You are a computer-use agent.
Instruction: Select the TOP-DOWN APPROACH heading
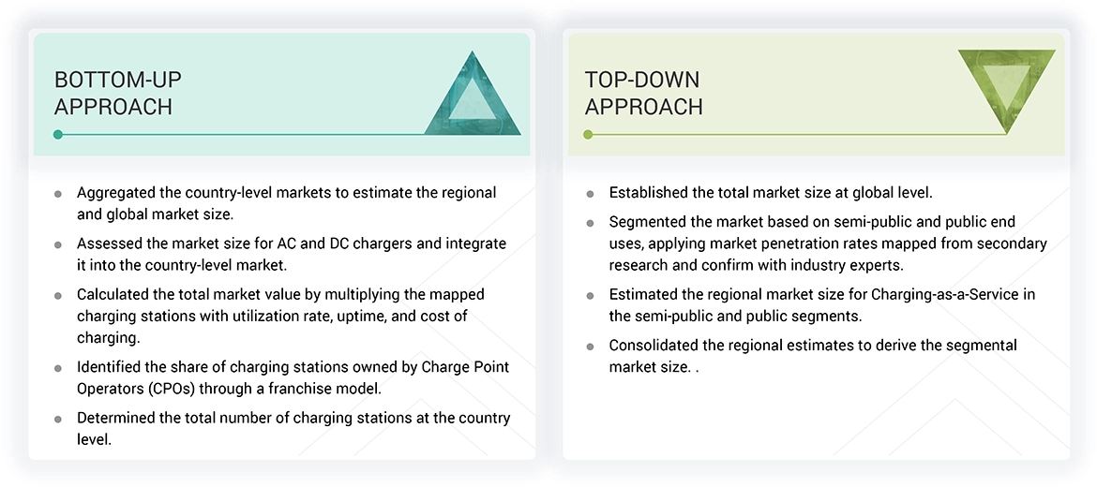click(x=643, y=93)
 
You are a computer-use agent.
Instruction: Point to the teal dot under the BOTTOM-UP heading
click(x=58, y=135)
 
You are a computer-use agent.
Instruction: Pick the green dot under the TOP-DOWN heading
click(x=588, y=135)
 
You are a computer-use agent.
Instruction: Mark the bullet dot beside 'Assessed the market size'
click(x=58, y=244)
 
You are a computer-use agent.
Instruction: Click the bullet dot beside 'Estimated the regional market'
click(x=590, y=295)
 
